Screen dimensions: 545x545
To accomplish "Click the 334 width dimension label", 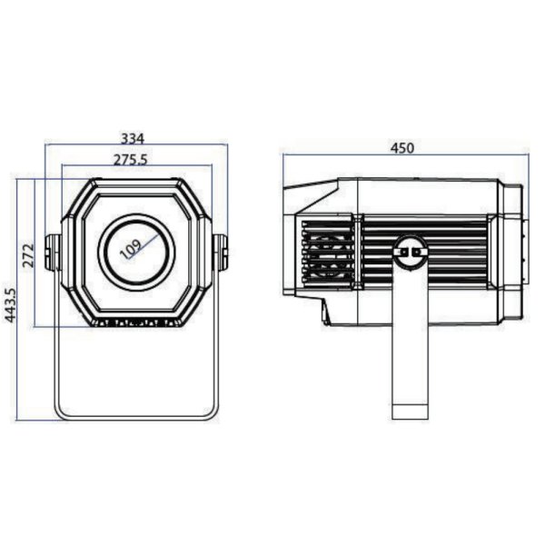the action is (x=132, y=139).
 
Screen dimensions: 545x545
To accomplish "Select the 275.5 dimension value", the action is (x=131, y=160).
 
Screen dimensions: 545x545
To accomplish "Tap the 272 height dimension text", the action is (x=29, y=255).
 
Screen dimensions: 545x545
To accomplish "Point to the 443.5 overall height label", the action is (x=10, y=305).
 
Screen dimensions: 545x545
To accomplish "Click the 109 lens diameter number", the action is (x=131, y=249).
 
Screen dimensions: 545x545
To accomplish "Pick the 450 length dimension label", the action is (x=402, y=148).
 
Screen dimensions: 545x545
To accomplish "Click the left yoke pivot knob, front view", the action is (x=53, y=253).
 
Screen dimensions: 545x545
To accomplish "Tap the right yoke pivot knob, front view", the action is (x=221, y=253).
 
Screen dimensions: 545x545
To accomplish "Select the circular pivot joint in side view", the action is (x=411, y=251).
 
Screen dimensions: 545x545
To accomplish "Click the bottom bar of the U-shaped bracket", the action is (x=136, y=417).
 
